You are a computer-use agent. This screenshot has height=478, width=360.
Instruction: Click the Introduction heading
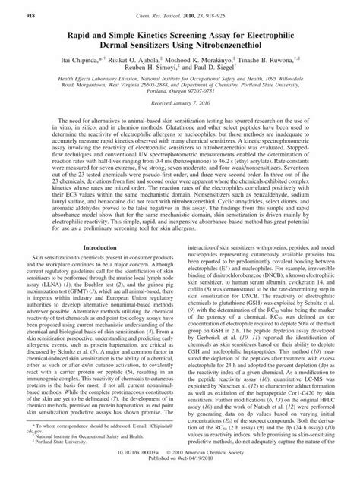[103, 226]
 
